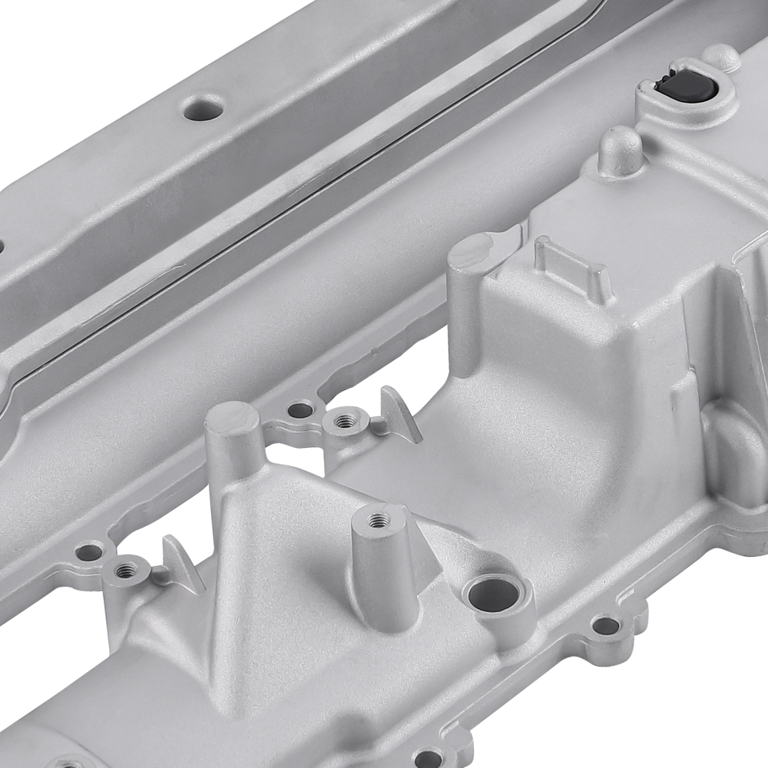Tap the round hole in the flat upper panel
click(x=204, y=108)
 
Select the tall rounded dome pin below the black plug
click(x=620, y=149)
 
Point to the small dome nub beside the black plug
click(x=722, y=56)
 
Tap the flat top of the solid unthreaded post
click(x=233, y=419)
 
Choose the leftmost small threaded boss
click(x=125, y=569)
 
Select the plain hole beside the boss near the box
click(x=300, y=409)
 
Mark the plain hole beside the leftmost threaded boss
click(x=90, y=551)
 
